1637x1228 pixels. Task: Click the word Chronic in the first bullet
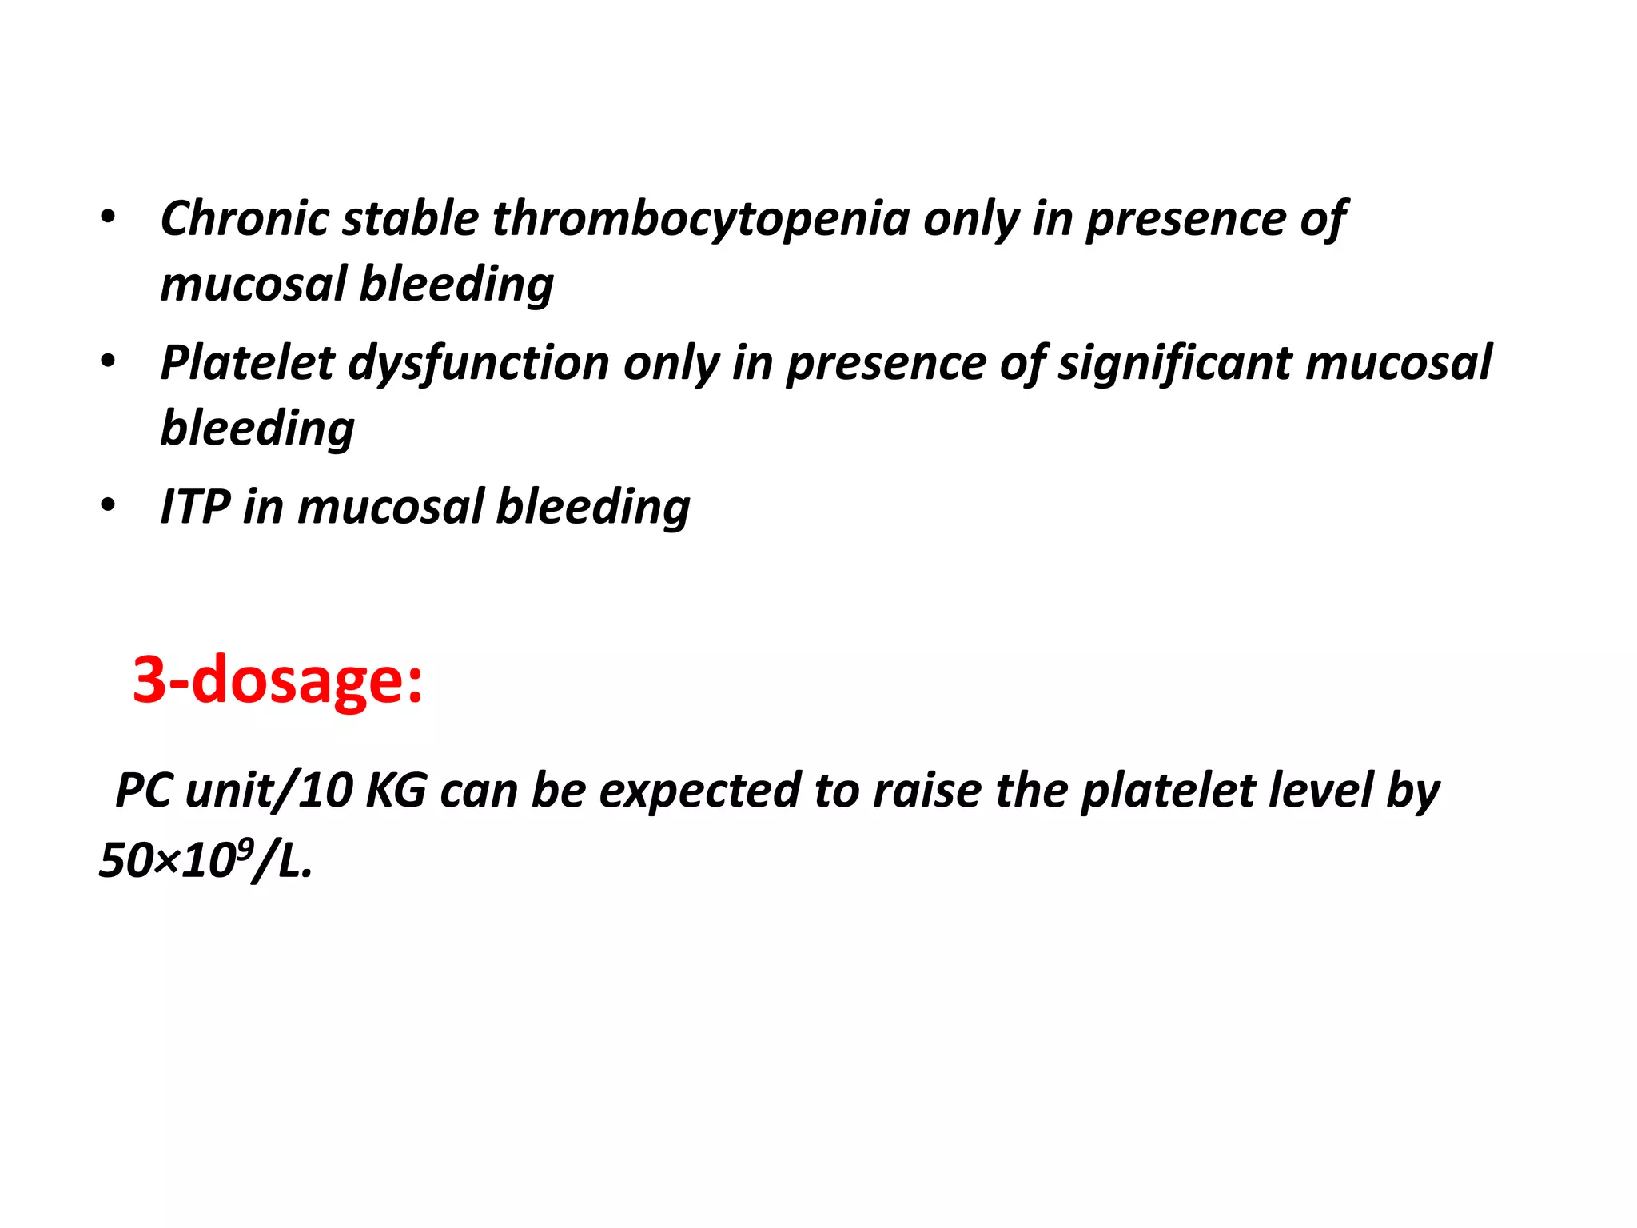coord(244,218)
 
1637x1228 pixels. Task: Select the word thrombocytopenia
coord(700,220)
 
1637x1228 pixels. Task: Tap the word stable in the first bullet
coord(410,218)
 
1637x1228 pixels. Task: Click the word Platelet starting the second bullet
coord(247,362)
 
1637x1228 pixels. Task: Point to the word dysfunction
coord(479,364)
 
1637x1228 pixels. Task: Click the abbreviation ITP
coord(195,507)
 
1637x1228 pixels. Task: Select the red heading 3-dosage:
coord(277,680)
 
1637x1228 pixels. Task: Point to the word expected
coord(700,791)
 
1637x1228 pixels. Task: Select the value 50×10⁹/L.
coord(205,860)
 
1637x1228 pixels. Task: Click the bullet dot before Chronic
coord(108,217)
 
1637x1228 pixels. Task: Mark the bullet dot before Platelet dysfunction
coord(108,361)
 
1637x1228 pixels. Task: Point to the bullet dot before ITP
coord(108,505)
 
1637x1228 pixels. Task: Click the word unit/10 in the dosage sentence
coord(269,791)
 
